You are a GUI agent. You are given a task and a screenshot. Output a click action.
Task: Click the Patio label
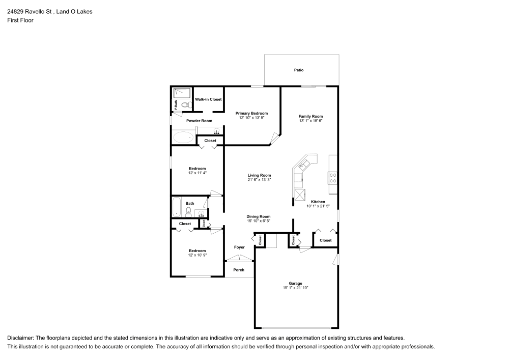click(x=299, y=70)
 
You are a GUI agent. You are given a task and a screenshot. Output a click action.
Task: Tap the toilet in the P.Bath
click(x=185, y=105)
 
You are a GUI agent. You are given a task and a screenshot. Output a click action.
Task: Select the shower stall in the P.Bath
click(x=182, y=93)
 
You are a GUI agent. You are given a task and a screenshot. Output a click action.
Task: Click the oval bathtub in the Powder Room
click(x=183, y=137)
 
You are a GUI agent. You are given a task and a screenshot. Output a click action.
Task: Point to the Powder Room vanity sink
click(x=216, y=131)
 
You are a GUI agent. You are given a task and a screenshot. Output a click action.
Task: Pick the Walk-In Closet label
click(x=208, y=99)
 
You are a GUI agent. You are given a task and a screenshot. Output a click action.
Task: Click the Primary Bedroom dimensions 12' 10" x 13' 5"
click(x=251, y=118)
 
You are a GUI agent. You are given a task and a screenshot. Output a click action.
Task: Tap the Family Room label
click(x=310, y=116)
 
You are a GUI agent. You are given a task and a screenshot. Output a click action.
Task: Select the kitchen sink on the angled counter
click(x=305, y=164)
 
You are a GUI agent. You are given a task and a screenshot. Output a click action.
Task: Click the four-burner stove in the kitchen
click(x=332, y=178)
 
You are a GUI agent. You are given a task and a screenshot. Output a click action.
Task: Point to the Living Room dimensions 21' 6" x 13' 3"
click(x=259, y=180)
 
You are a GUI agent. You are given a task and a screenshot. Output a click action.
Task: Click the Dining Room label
click(x=259, y=216)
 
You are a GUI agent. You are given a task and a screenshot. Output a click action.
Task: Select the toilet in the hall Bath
click(x=188, y=211)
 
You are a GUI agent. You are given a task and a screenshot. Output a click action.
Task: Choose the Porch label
click(x=239, y=270)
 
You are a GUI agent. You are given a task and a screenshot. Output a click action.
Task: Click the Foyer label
click(x=239, y=247)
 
